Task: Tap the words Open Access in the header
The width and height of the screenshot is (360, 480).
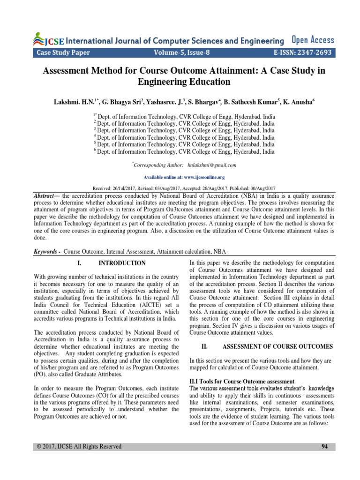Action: coord(313,40)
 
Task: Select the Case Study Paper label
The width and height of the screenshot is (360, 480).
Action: coord(63,52)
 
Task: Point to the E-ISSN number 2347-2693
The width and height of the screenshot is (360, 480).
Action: coord(310,52)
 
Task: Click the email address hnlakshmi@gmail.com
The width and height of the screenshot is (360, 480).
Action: coord(211,165)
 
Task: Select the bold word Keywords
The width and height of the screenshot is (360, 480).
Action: coord(46,252)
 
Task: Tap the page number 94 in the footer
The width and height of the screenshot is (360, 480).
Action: coord(324,446)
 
